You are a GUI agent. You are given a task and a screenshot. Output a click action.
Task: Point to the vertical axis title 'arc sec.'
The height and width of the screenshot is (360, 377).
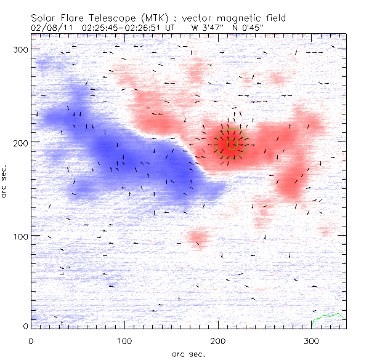click(x=6, y=182)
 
